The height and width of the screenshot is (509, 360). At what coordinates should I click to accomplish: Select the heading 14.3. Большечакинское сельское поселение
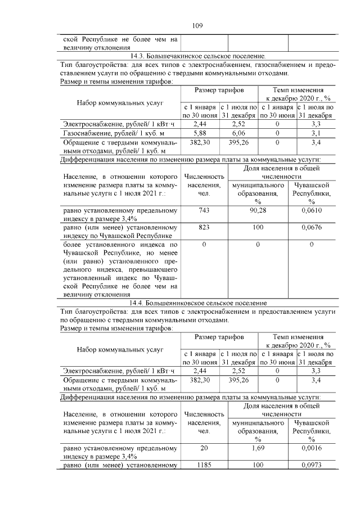[x=197, y=57]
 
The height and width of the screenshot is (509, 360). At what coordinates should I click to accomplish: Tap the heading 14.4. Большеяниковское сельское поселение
[x=197, y=303]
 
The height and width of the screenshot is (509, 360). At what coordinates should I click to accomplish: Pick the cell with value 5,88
[x=200, y=133]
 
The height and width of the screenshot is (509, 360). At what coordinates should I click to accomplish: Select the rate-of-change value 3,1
[x=316, y=133]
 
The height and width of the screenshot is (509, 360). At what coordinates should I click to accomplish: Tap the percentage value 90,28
[x=258, y=210]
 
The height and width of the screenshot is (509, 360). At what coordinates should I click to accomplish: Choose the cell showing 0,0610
[x=311, y=210]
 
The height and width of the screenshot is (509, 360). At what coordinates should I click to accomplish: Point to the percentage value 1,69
[x=258, y=448]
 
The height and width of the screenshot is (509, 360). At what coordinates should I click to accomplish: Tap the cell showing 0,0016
[x=311, y=448]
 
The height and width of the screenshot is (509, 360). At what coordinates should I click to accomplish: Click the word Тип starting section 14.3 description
[x=66, y=65]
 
